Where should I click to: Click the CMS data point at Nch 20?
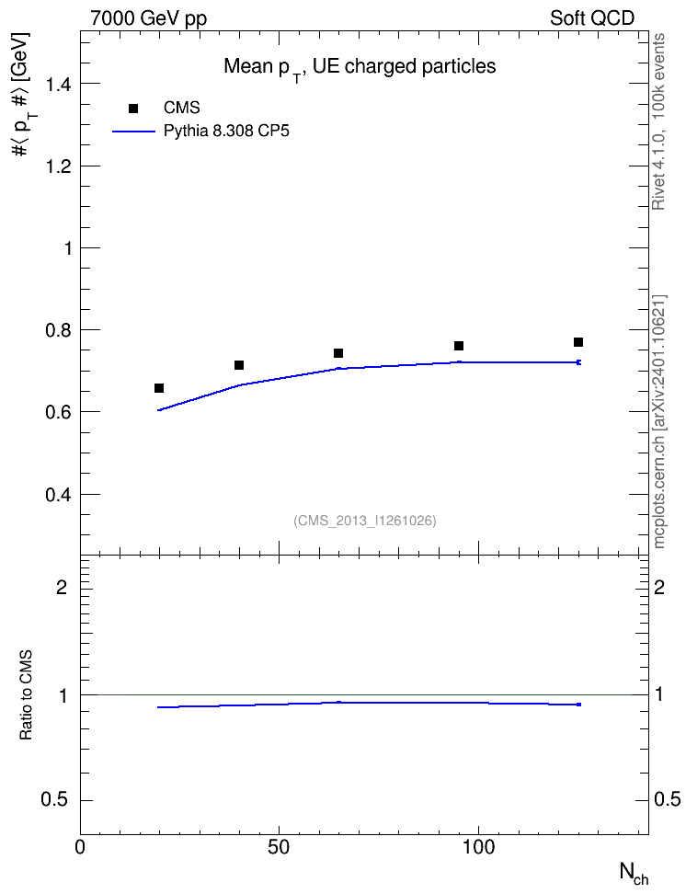click(159, 388)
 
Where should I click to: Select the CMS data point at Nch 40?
click(239, 365)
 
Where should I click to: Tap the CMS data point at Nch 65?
click(338, 353)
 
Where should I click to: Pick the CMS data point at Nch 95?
click(459, 346)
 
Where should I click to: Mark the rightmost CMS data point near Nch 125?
click(578, 342)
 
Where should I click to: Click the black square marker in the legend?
click(133, 109)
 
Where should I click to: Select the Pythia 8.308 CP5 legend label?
click(226, 132)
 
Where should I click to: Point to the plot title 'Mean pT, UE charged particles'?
click(360, 68)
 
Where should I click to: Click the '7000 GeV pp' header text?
click(148, 18)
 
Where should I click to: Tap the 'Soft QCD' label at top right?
click(592, 18)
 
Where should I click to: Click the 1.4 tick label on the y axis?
click(59, 84)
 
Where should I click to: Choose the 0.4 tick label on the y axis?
click(59, 494)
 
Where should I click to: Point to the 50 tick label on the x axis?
click(279, 847)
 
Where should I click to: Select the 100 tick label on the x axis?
click(478, 847)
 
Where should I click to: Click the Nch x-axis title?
click(635, 874)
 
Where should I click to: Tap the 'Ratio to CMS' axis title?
click(26, 695)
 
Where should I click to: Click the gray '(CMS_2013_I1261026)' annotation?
click(365, 521)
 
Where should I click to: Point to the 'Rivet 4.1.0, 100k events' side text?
click(658, 121)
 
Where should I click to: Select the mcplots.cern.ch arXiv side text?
click(659, 421)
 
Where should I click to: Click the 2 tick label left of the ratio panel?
click(62, 587)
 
